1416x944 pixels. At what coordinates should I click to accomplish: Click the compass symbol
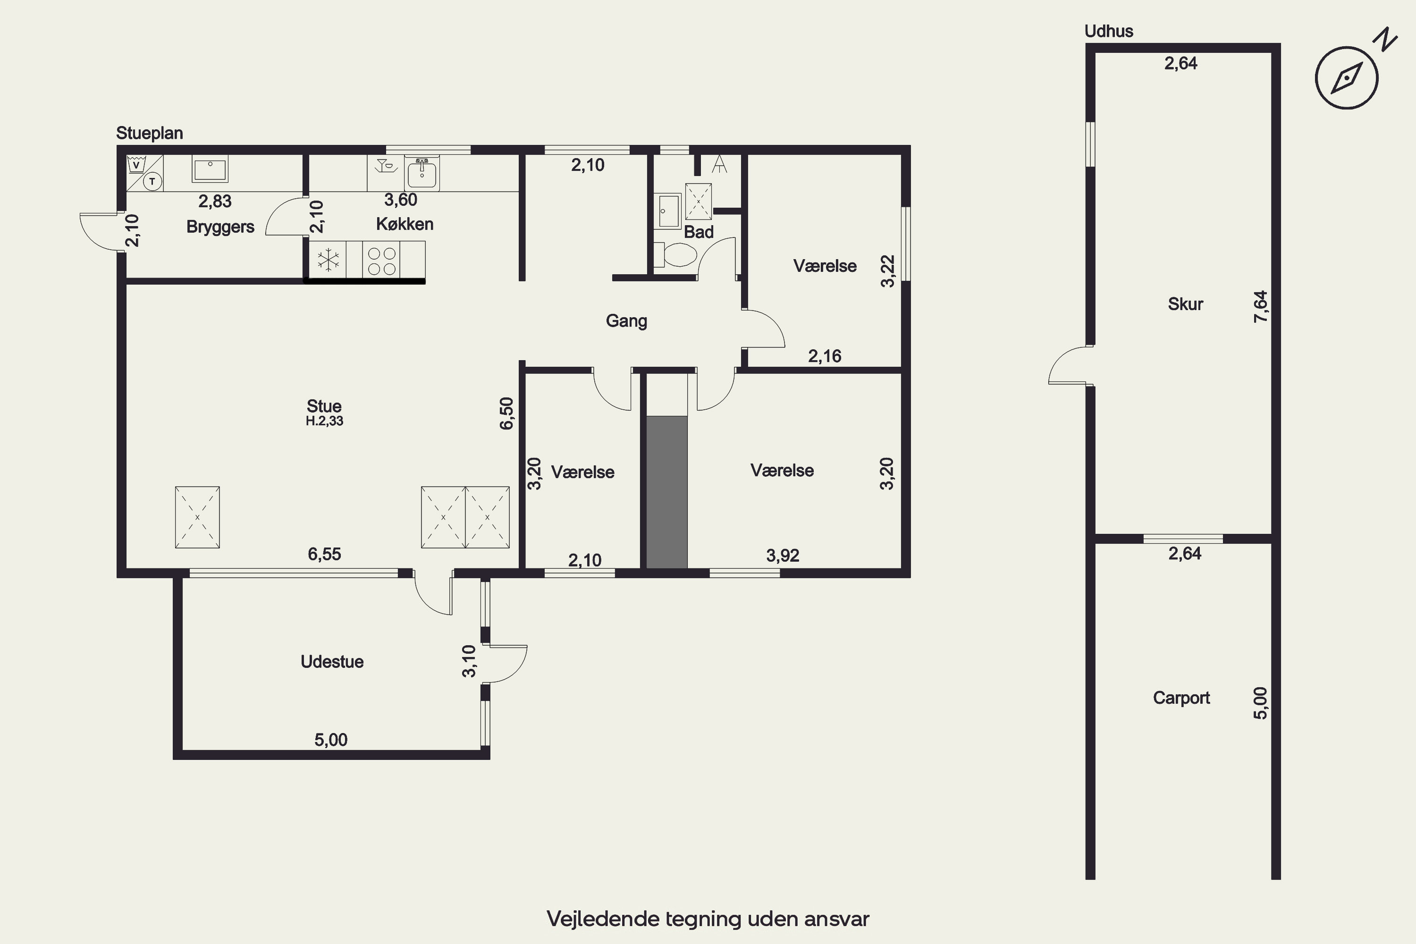1347,78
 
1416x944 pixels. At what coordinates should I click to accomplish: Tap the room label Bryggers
220,227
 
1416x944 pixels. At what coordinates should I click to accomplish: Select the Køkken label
405,224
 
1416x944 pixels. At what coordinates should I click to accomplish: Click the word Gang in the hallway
626,321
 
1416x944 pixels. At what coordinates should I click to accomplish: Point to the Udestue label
332,662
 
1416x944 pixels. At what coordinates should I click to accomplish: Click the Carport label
1181,698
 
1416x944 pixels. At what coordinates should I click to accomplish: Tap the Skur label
1185,304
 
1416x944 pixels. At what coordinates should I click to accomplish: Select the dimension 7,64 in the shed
1260,306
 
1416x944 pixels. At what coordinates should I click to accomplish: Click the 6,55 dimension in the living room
325,554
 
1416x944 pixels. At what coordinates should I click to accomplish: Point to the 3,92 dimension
783,556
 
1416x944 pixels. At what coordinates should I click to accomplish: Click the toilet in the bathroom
675,255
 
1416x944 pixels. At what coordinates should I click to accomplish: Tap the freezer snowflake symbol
328,260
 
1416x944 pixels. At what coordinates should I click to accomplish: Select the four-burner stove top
382,261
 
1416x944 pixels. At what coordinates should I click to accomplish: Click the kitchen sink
422,173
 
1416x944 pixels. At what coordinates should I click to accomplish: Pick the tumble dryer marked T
153,181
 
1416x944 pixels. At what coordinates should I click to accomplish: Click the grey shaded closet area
667,492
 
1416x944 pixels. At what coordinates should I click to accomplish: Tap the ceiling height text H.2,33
325,421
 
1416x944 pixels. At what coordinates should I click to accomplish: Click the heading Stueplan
149,134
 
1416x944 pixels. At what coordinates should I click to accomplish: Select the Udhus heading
1109,31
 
